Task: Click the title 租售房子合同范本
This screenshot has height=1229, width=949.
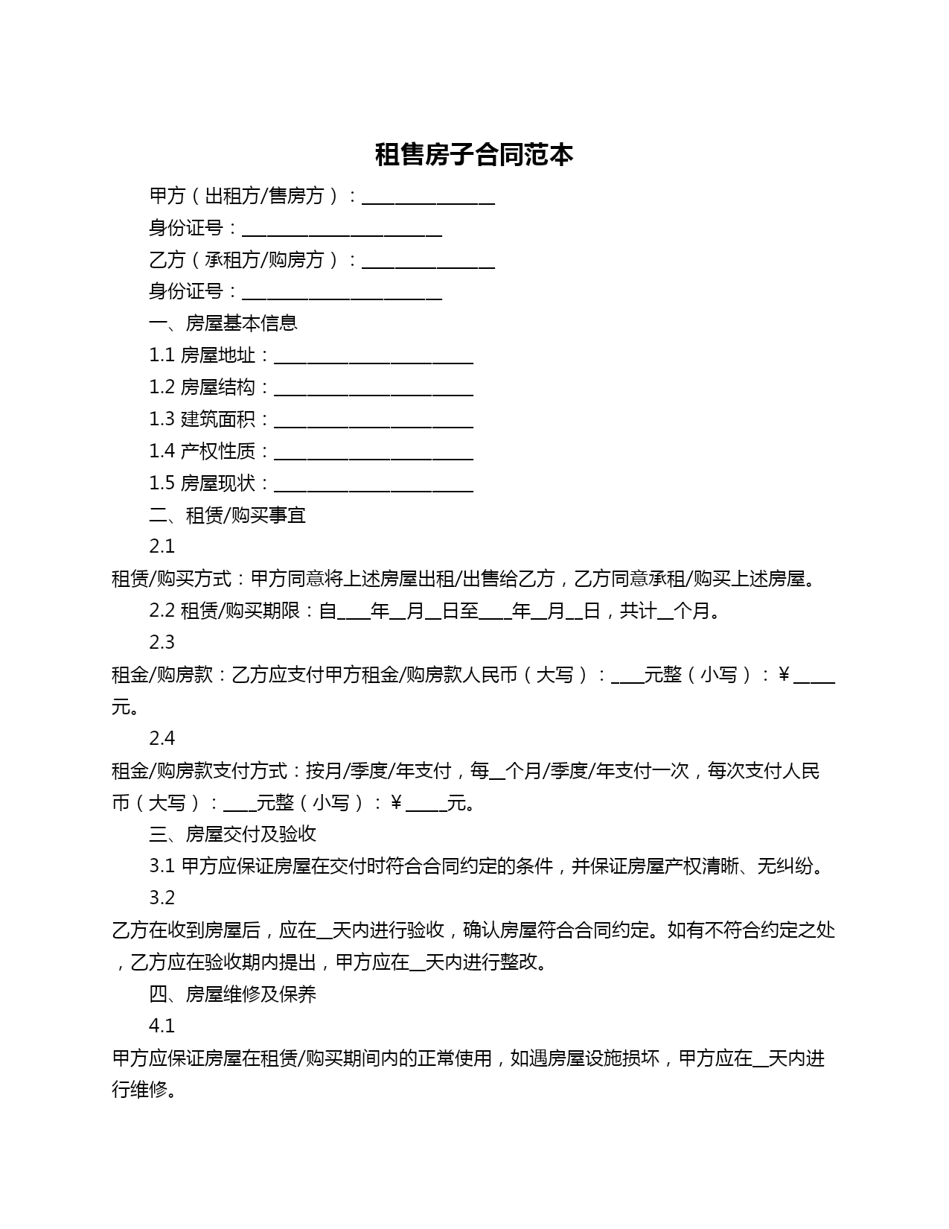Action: click(x=474, y=155)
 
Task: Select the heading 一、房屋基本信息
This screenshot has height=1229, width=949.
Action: click(x=223, y=323)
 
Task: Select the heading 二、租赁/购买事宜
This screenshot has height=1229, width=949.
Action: click(x=228, y=515)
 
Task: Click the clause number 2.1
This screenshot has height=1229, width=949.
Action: click(x=162, y=546)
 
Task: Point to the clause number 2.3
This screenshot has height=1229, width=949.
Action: click(x=162, y=642)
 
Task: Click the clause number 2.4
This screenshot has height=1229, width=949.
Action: click(x=162, y=738)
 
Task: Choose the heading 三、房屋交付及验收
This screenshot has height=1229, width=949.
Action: click(x=233, y=833)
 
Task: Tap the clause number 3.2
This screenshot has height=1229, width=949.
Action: click(x=162, y=898)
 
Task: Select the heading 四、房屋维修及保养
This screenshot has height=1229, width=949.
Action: click(x=233, y=994)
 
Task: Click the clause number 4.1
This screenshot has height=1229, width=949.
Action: click(x=162, y=1026)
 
